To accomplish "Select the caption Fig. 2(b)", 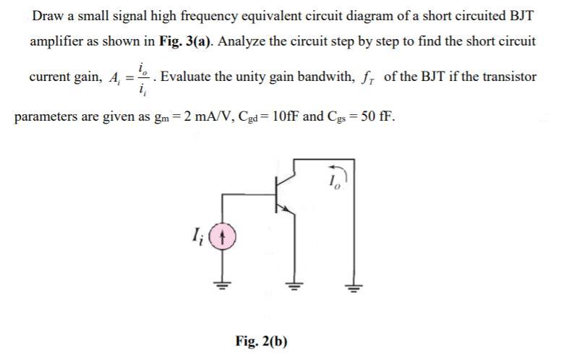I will [x=261, y=340].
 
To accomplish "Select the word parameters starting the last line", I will [x=46, y=116].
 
